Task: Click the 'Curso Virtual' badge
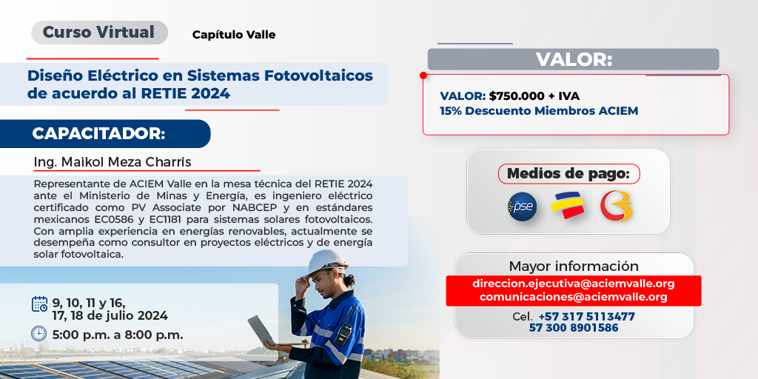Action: click(99, 33)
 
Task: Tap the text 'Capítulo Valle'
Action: click(233, 35)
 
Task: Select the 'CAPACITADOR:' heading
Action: click(98, 134)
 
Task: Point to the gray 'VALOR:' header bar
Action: click(573, 59)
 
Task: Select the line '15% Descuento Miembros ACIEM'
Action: click(538, 111)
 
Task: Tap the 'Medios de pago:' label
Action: click(568, 174)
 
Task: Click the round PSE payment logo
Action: click(522, 207)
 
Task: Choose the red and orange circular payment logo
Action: click(616, 207)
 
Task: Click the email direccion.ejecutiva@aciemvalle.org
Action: click(573, 284)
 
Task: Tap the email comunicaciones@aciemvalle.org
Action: click(573, 297)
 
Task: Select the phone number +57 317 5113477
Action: click(586, 316)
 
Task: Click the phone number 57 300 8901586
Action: click(573, 328)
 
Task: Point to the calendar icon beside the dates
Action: click(39, 303)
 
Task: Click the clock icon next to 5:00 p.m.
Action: click(39, 334)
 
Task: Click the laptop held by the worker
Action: click(261, 330)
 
